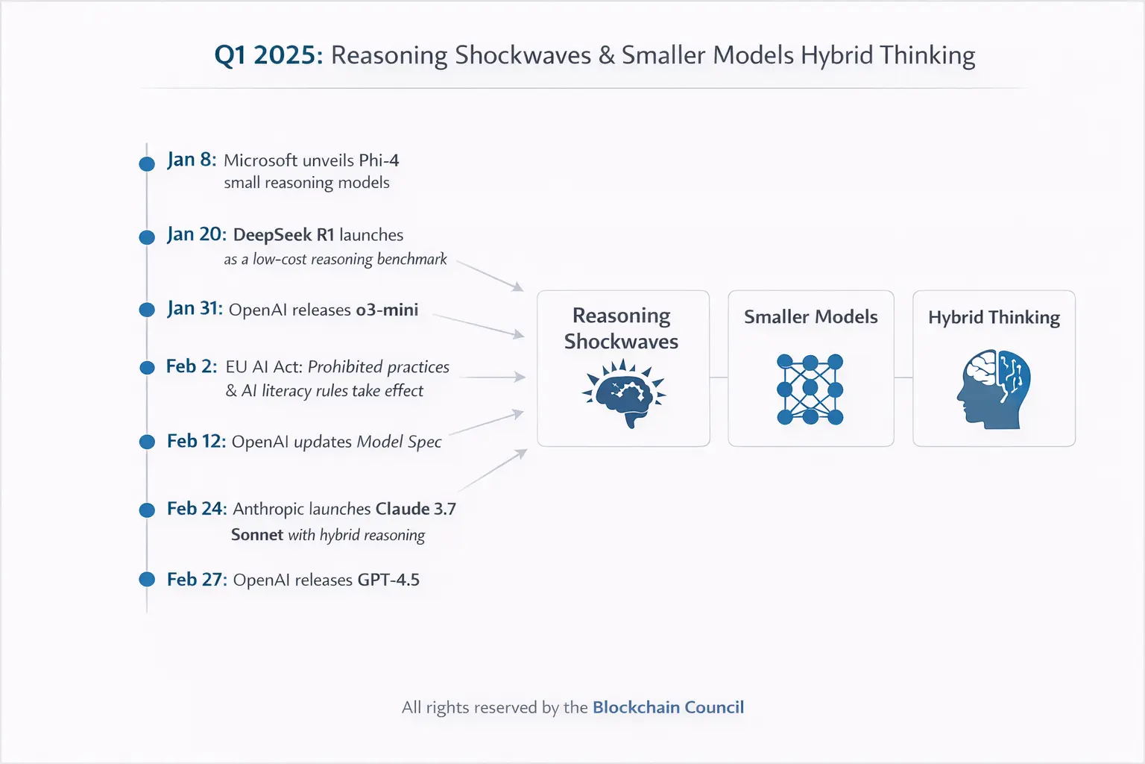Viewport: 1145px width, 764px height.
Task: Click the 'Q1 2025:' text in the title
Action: click(268, 55)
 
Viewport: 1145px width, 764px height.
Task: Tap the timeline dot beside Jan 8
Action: click(147, 163)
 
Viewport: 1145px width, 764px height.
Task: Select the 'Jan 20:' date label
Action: click(196, 234)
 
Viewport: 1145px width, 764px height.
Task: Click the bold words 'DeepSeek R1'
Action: click(284, 235)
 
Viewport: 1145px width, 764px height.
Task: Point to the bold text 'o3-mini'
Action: click(387, 310)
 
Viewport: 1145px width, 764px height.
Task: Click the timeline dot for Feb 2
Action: click(147, 367)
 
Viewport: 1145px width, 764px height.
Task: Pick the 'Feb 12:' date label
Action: click(196, 441)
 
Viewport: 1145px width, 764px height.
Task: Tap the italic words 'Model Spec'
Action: click(399, 442)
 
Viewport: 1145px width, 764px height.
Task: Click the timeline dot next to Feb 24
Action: click(147, 510)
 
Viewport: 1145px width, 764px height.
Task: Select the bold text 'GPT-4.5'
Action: click(388, 580)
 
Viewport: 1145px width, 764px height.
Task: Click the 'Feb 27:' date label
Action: click(197, 579)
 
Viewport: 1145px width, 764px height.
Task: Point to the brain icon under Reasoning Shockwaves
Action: click(623, 393)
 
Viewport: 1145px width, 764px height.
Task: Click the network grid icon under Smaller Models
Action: click(810, 389)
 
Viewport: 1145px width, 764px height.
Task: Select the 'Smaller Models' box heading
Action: click(811, 317)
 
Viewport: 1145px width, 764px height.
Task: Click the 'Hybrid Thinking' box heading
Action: click(994, 317)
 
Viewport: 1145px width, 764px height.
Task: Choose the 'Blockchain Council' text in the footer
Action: click(668, 707)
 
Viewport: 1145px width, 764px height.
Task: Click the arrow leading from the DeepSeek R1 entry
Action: click(490, 276)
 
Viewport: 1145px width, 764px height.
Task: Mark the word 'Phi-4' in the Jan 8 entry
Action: click(379, 160)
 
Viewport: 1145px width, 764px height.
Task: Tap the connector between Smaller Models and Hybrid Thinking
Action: click(903, 378)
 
